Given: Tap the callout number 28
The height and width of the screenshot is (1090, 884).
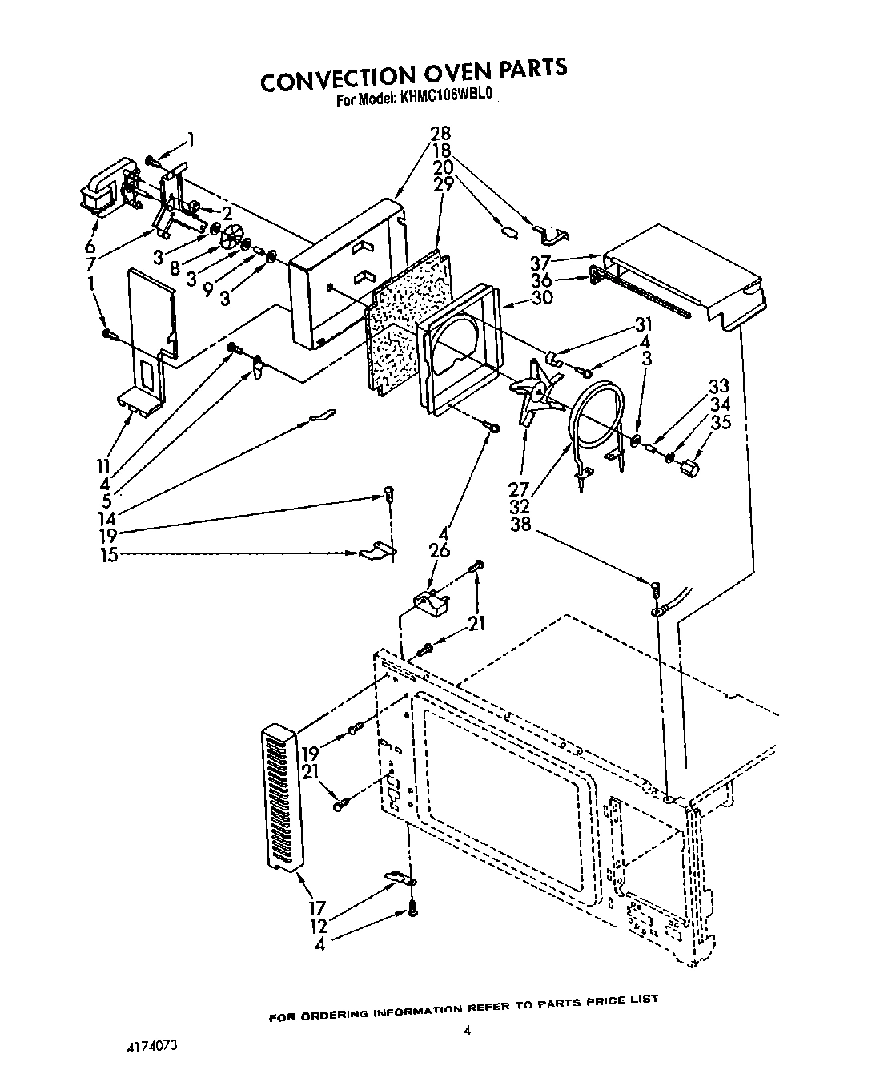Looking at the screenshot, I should click(x=440, y=134).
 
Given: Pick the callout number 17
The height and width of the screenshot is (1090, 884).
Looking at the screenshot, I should click(x=317, y=908).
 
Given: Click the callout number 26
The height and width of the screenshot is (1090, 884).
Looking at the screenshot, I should click(x=440, y=551).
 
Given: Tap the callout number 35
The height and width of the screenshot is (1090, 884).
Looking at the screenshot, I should click(x=721, y=423).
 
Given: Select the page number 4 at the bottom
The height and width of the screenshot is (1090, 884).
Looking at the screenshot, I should click(x=467, y=1032).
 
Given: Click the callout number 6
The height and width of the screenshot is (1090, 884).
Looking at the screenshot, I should click(x=91, y=246).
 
